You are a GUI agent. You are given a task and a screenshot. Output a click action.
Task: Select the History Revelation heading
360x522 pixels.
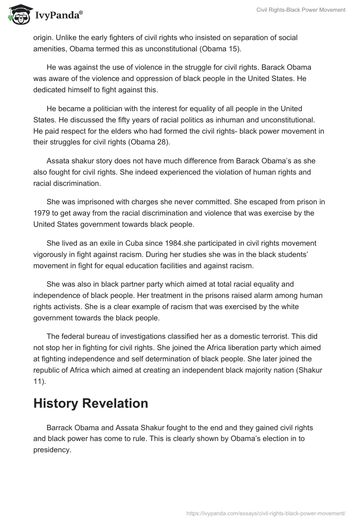pos(90,403)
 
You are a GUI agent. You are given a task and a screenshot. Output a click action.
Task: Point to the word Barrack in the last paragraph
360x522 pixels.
pos(59,427)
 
